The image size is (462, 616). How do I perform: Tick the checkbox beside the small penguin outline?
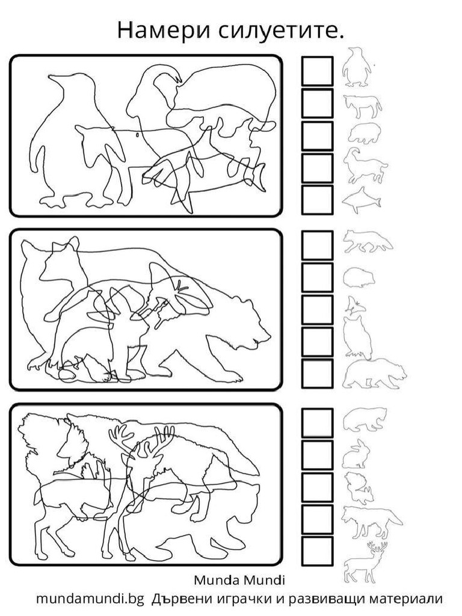(317, 71)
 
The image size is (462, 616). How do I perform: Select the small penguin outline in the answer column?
(357, 67)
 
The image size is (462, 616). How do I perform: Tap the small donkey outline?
(362, 106)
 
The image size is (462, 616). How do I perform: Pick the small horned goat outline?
(365, 165)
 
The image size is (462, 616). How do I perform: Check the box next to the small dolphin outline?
(317, 200)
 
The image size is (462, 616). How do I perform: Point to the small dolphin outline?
(362, 200)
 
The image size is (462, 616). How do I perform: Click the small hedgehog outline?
(359, 278)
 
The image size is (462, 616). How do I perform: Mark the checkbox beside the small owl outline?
(317, 342)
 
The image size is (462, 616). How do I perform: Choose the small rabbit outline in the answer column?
(356, 454)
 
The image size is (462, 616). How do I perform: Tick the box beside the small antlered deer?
(317, 551)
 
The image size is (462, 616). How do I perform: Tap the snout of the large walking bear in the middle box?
(263, 338)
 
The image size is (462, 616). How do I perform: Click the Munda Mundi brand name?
(239, 580)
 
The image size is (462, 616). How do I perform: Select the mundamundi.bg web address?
(91, 599)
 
